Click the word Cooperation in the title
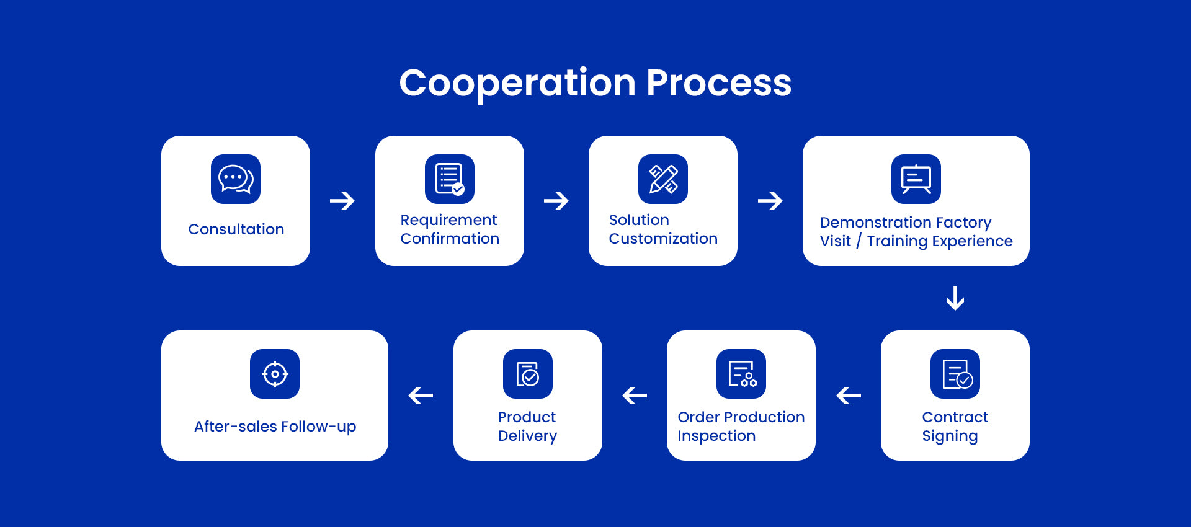pos(517,83)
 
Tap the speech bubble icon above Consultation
pos(236,179)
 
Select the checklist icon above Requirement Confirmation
pos(450,179)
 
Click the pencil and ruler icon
pos(663,179)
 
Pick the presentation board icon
pos(916,179)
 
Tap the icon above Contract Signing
pos(955,374)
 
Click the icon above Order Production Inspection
pos(741,374)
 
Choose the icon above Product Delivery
pos(528,374)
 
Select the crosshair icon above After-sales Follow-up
pos(275,374)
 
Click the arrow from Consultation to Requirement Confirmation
pos(342,201)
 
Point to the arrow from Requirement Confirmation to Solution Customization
pos(556,201)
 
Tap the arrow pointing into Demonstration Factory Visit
pos(770,201)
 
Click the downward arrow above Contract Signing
pos(955,298)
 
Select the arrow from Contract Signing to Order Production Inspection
pos(849,396)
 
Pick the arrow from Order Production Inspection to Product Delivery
pos(635,396)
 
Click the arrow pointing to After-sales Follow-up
pos(421,396)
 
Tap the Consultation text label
pos(236,229)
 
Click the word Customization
pos(663,239)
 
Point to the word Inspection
pos(716,436)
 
